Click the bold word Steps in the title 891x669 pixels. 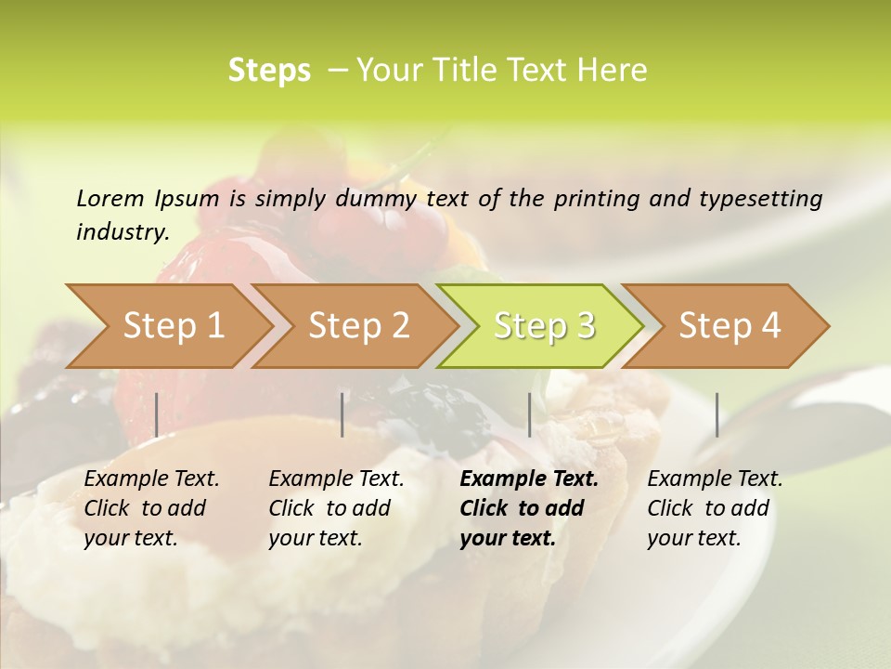(x=269, y=71)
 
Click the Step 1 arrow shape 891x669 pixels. (x=173, y=325)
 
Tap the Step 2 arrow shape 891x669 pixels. (x=358, y=325)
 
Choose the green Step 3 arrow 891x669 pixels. (x=544, y=325)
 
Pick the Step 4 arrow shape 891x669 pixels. (x=730, y=325)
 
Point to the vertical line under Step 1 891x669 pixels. (x=157, y=414)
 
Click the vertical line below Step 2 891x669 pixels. (x=342, y=414)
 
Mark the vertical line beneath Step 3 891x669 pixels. (x=529, y=414)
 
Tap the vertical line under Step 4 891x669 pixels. (x=717, y=414)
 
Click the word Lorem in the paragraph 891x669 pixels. (x=110, y=198)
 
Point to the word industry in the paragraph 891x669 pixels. (x=122, y=232)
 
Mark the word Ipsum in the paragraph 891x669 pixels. (x=187, y=198)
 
